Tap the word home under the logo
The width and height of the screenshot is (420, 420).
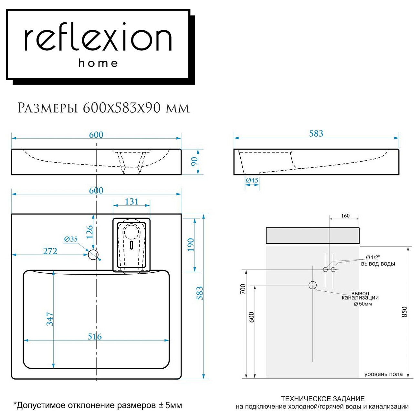98,63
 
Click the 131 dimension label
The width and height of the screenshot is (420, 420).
131,201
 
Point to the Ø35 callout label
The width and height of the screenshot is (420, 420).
71,239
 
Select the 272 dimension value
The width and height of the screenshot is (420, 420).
50,251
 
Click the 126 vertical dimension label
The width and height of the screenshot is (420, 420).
89,232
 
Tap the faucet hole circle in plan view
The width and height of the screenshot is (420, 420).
93,255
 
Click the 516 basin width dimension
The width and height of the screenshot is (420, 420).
95,337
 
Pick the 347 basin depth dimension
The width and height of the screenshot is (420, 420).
50,319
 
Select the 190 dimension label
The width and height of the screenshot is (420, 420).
191,245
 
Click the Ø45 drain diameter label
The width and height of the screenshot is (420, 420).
252,180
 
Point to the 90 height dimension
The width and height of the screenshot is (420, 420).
194,162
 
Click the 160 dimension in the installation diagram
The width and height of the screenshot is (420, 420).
345,216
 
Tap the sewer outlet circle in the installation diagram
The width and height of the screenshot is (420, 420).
312,285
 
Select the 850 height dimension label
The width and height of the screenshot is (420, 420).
404,312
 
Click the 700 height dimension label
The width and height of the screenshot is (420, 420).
243,289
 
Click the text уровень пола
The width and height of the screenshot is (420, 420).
383,374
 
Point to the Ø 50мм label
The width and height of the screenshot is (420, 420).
363,304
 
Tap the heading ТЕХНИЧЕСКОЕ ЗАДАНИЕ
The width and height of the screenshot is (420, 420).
323,399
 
